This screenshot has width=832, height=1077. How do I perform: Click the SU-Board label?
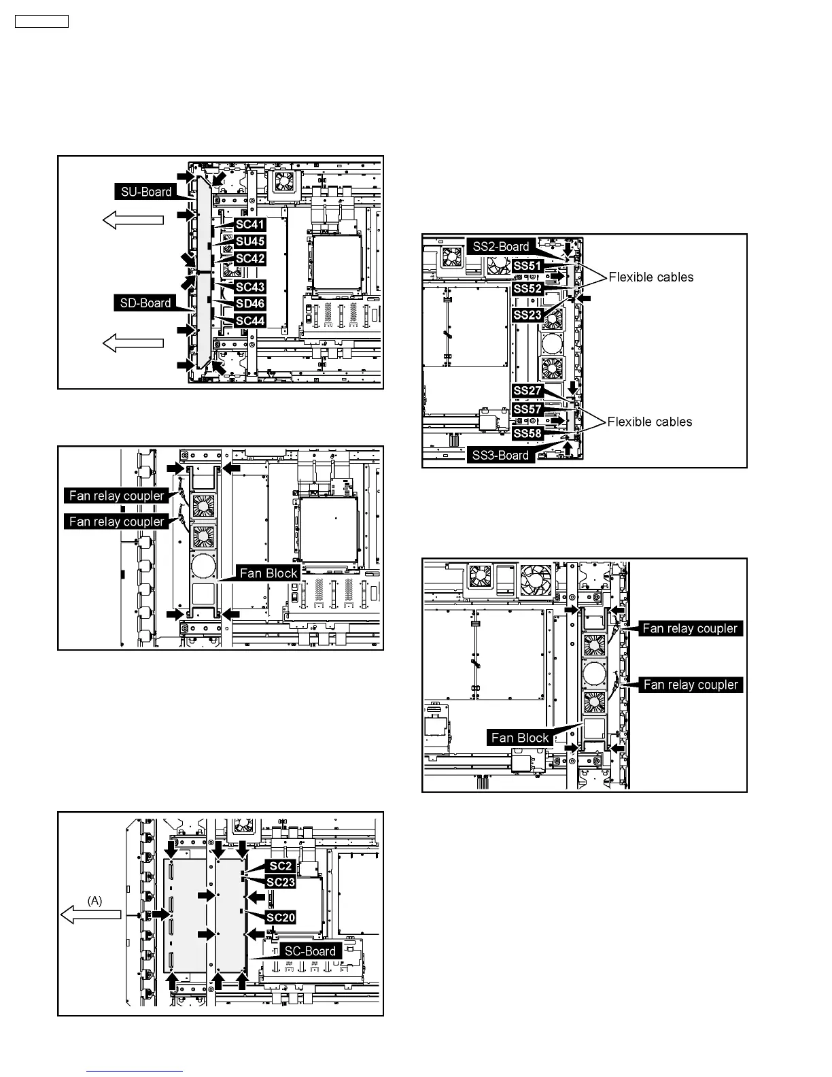(146, 192)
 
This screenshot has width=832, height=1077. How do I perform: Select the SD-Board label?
(145, 303)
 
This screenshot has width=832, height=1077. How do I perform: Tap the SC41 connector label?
(250, 224)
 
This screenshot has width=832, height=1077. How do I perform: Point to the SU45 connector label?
(250, 241)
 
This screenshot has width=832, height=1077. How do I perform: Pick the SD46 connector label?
(250, 304)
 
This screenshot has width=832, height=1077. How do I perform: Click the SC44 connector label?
(250, 321)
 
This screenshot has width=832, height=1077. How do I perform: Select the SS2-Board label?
(500, 247)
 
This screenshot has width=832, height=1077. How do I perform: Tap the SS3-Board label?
(500, 456)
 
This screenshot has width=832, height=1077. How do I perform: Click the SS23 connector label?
(527, 315)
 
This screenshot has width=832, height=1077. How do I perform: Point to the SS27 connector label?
(527, 391)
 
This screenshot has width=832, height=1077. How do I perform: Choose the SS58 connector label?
(527, 433)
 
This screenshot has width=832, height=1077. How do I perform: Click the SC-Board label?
(310, 951)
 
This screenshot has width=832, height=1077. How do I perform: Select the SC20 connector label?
(281, 918)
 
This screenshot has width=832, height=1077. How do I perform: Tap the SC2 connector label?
(281, 866)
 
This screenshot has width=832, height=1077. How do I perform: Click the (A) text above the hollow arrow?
(95, 900)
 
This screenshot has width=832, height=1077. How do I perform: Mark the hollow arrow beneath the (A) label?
(91, 915)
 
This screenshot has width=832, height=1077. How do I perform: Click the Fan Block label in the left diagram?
(268, 573)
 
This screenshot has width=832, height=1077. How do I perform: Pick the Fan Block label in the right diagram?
(520, 738)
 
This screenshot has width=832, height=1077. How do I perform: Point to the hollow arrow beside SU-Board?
(133, 220)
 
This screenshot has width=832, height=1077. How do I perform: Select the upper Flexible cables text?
(651, 277)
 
